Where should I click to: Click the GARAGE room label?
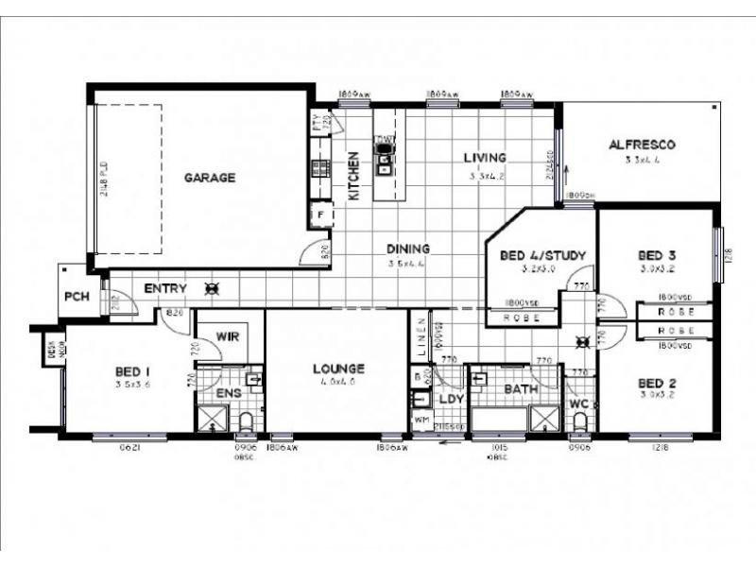pyautogui.click(x=209, y=177)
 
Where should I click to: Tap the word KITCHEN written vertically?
pyautogui.click(x=354, y=176)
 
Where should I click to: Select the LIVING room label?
pyautogui.click(x=484, y=158)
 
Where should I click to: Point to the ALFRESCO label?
pyautogui.click(x=641, y=145)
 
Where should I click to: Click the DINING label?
pyautogui.click(x=407, y=249)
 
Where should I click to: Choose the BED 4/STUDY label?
pyautogui.click(x=541, y=255)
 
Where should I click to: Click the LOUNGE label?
pyautogui.click(x=338, y=369)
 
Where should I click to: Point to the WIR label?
pyautogui.click(x=226, y=336)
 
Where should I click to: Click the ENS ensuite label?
pyautogui.click(x=227, y=392)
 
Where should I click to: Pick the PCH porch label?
pyautogui.click(x=76, y=296)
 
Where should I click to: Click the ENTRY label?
pyautogui.click(x=164, y=288)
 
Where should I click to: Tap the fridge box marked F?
pyautogui.click(x=320, y=215)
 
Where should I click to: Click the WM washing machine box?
pyautogui.click(x=421, y=421)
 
